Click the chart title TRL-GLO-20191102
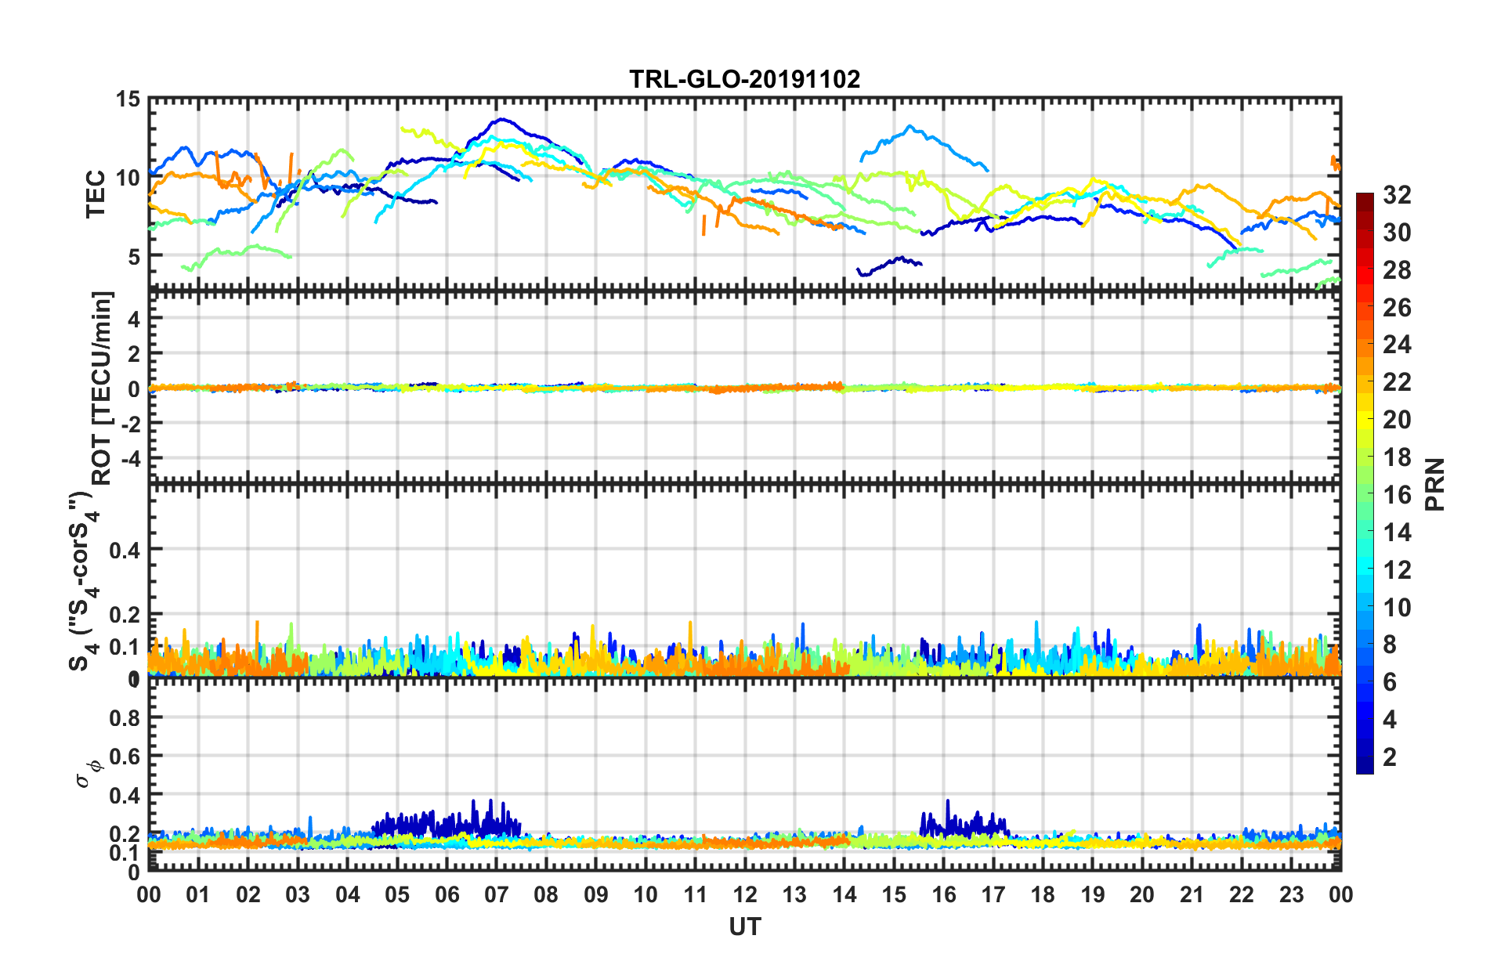point(744,79)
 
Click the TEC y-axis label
point(96,193)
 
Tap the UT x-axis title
point(744,927)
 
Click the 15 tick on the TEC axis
point(128,99)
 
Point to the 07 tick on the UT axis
point(497,894)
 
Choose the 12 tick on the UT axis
point(745,894)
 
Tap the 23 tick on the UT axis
point(1291,894)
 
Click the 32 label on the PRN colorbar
point(1397,195)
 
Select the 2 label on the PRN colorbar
point(1390,757)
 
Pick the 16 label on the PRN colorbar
point(1397,495)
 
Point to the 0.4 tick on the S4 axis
point(125,550)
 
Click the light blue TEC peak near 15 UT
point(910,126)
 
